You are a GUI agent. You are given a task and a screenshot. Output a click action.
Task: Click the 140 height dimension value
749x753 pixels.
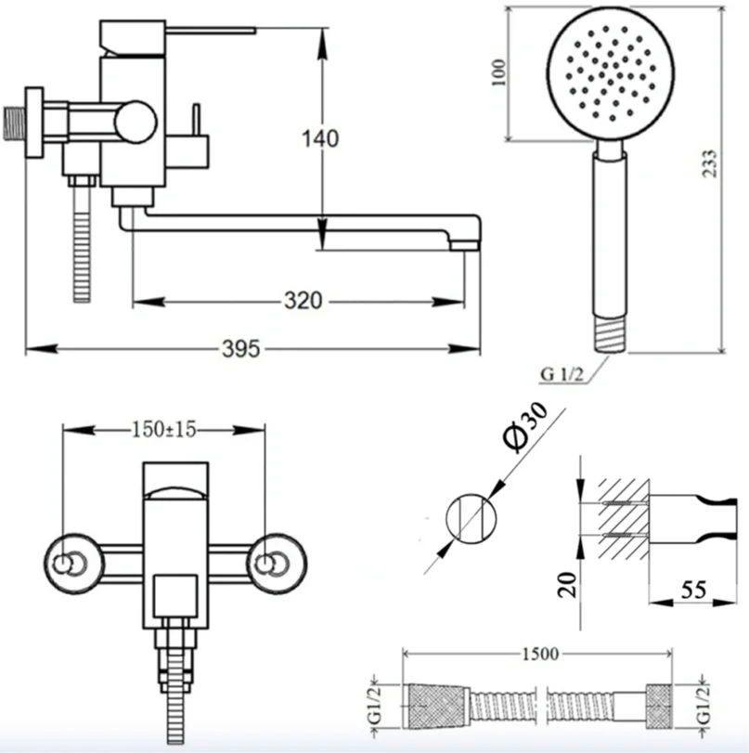pyautogui.click(x=320, y=138)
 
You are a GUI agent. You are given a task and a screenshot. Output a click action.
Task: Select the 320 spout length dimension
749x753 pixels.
pyautogui.click(x=303, y=301)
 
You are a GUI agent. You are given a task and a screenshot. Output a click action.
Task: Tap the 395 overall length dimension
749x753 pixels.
pyautogui.click(x=241, y=349)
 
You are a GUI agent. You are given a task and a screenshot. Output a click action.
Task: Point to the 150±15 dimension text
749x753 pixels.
pyautogui.click(x=163, y=429)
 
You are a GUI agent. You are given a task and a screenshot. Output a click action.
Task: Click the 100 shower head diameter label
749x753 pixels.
pyautogui.click(x=498, y=72)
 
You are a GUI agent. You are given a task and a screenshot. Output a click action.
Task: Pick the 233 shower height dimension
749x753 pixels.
pyautogui.click(x=709, y=163)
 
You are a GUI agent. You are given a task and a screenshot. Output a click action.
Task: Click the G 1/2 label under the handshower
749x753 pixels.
pyautogui.click(x=562, y=374)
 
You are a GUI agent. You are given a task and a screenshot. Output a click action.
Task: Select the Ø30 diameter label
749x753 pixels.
pyautogui.click(x=524, y=427)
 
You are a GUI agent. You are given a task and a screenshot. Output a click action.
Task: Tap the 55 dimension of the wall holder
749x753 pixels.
pyautogui.click(x=694, y=590)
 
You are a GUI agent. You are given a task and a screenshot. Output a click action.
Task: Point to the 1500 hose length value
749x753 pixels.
pyautogui.click(x=539, y=654)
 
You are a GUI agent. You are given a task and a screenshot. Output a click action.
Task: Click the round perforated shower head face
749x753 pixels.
pyautogui.click(x=610, y=72)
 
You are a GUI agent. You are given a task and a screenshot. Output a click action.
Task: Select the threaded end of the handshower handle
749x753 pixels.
pyautogui.click(x=610, y=333)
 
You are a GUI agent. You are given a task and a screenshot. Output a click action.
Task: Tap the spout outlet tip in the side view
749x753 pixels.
pyautogui.click(x=464, y=246)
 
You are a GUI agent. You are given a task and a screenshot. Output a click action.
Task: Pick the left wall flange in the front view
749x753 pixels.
pyautogui.click(x=74, y=564)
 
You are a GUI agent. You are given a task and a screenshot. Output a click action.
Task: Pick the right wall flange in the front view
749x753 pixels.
pyautogui.click(x=277, y=564)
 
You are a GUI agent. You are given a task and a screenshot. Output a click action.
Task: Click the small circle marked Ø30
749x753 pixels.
pyautogui.click(x=471, y=518)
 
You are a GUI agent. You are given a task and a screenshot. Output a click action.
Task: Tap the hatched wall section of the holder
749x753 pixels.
pyautogui.click(x=623, y=518)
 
